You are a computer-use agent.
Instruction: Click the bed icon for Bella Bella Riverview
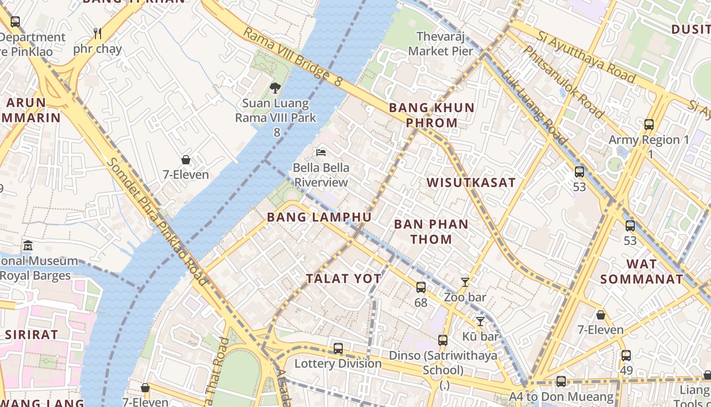(x=320, y=152)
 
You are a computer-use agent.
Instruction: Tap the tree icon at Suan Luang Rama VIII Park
(x=275, y=88)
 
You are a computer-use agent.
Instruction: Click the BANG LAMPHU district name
(x=319, y=217)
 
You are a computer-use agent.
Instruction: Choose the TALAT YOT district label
(x=343, y=278)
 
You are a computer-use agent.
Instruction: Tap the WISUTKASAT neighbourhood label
(x=471, y=183)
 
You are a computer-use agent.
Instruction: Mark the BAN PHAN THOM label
(x=431, y=231)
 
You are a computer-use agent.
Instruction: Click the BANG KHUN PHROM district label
(x=431, y=115)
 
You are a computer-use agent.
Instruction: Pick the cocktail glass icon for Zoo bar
(x=465, y=282)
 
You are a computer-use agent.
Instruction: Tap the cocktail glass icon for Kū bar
(x=480, y=321)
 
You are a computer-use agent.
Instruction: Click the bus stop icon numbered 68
(x=421, y=287)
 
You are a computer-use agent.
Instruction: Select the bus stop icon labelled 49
(x=626, y=356)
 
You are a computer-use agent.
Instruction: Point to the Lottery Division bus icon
(x=338, y=348)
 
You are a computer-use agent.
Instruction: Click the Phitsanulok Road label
(x=563, y=81)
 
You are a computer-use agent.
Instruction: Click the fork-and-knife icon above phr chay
(x=98, y=34)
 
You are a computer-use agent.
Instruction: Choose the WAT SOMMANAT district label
(x=641, y=271)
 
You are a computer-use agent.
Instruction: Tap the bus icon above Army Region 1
(x=649, y=125)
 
